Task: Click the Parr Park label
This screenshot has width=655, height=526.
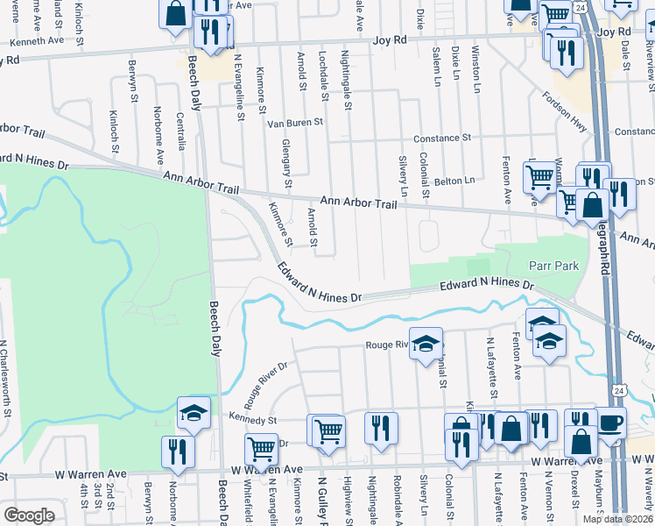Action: tap(550, 266)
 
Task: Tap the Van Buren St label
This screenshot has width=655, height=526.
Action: tap(295, 123)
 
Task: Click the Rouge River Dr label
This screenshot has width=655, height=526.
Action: tap(271, 379)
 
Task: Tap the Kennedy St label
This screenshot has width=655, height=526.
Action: tap(252, 419)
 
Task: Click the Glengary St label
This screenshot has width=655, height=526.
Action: tap(286, 164)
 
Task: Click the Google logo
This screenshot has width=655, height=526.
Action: tap(29, 515)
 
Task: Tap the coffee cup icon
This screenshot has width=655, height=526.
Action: tap(610, 423)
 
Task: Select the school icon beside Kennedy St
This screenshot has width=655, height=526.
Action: tap(194, 413)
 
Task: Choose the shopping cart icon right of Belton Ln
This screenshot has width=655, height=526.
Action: tap(539, 178)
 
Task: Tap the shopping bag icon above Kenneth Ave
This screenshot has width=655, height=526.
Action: tap(175, 13)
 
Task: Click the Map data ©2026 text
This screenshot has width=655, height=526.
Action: tap(617, 518)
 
